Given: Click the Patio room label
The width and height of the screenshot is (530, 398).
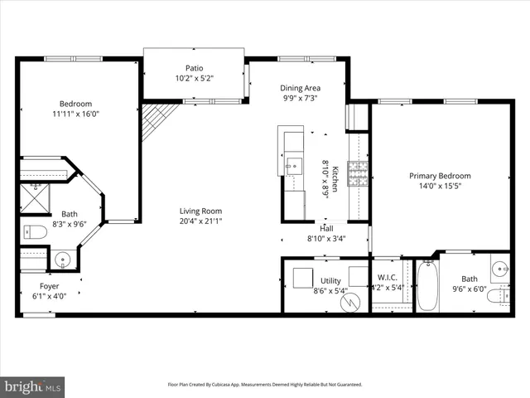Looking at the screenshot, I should click(x=194, y=69).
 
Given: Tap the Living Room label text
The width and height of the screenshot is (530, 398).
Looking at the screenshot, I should click(x=201, y=211).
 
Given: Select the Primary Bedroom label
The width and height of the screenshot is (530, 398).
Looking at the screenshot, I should click(x=440, y=176).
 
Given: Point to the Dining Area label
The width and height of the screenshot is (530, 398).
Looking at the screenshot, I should click(x=300, y=88).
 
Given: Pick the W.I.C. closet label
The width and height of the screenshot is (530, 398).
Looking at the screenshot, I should click(x=388, y=278).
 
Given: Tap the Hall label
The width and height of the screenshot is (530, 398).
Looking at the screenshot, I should click(x=328, y=228).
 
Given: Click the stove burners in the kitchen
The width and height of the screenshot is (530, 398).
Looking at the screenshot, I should click(x=358, y=173).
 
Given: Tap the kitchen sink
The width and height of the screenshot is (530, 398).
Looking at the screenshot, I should click(x=292, y=166).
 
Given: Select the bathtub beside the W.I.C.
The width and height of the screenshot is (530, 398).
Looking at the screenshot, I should click(x=426, y=287).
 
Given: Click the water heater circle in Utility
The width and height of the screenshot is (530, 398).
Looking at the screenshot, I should click(x=351, y=302).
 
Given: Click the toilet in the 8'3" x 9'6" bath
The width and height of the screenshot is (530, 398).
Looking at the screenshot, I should click(x=33, y=231).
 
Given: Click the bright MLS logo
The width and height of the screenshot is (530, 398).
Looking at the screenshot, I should click(x=32, y=386).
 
